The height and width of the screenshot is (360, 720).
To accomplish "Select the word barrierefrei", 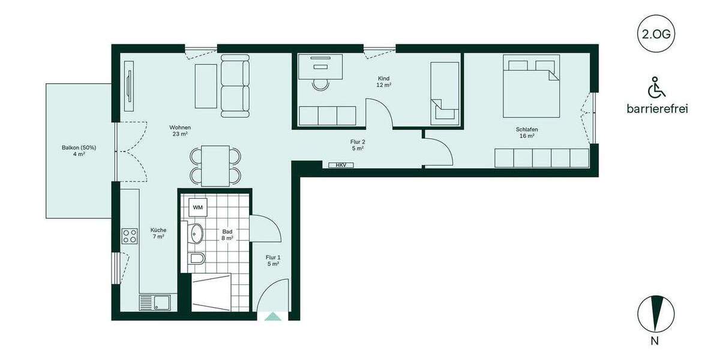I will coord(656,109).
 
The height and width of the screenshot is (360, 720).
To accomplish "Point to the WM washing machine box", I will coord(197,207).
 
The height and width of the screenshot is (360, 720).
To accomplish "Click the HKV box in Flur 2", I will coord(341,165).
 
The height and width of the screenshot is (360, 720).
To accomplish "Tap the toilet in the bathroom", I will coord(196,259).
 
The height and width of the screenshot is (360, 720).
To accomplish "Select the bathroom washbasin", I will coord(196,233).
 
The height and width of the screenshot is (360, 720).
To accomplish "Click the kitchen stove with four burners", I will coord(130,236).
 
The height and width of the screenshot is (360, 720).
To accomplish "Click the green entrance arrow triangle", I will coord(272,316).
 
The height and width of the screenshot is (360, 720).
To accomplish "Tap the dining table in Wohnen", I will coord(215,166).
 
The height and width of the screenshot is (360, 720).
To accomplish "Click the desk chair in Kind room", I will coord(322,83).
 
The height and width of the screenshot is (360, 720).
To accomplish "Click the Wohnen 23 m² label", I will coord(180,131).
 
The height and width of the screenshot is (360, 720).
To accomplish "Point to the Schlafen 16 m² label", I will coord(526,133).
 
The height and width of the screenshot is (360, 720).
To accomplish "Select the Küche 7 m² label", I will coord(158,233).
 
